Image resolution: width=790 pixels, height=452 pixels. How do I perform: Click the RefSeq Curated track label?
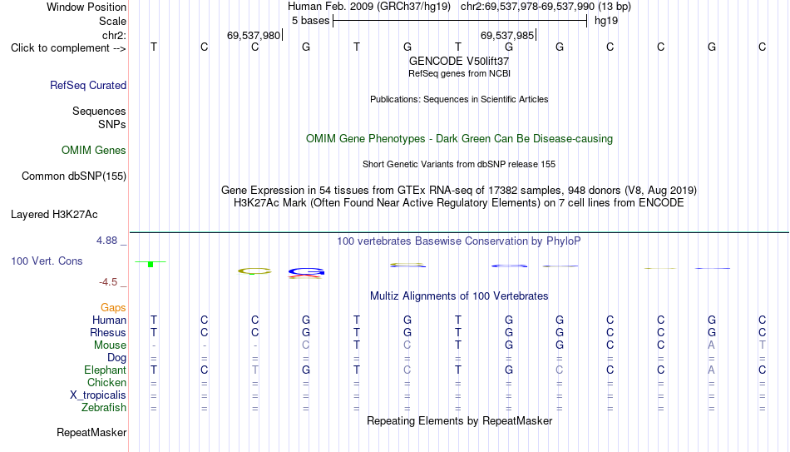(x=88, y=85)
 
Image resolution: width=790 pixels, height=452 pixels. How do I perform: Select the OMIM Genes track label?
(x=94, y=151)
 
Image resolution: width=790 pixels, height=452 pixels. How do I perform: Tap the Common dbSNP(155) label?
(x=74, y=176)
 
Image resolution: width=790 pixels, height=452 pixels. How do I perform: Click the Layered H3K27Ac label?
(x=54, y=215)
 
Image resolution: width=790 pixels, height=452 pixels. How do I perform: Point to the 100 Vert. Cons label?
(x=47, y=261)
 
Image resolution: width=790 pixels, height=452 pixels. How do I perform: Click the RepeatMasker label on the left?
(x=91, y=432)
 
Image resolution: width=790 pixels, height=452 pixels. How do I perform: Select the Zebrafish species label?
(x=104, y=407)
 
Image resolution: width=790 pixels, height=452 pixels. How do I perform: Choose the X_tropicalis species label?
(x=98, y=395)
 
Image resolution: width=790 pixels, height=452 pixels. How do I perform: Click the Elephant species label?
(x=105, y=370)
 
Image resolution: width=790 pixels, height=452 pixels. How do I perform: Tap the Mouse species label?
(x=110, y=345)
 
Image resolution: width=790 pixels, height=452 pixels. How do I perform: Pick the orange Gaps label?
(x=113, y=307)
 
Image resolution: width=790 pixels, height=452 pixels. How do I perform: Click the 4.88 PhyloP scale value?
(x=106, y=241)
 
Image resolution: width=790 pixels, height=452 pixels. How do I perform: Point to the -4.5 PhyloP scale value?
(x=108, y=282)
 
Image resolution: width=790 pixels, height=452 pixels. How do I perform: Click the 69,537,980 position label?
(x=254, y=35)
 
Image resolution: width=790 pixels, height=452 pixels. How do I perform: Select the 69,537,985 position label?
(x=507, y=35)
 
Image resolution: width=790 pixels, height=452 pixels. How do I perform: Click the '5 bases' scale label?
(x=310, y=21)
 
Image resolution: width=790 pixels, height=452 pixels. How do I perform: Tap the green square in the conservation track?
(x=151, y=265)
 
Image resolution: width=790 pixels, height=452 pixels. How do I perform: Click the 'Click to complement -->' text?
(x=68, y=48)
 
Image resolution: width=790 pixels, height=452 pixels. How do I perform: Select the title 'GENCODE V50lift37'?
(x=459, y=61)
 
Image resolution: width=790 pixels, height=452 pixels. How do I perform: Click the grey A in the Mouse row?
(x=711, y=345)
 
